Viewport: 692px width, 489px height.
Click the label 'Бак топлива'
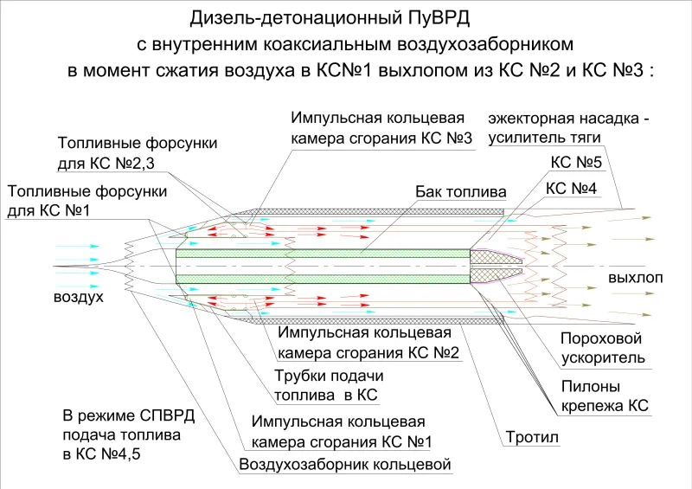pos(460,192)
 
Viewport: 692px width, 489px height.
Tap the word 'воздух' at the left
pos(78,296)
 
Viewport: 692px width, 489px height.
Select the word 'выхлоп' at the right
pos(636,278)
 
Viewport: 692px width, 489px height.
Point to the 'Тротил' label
pos(532,437)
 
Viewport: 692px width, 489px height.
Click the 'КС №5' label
pos(576,163)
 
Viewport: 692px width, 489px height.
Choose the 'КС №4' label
pos(571,189)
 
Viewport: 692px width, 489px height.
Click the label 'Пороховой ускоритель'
pos(602,348)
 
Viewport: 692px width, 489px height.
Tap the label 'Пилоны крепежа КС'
pos(605,396)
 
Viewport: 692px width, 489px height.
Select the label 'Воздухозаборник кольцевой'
pos(344,465)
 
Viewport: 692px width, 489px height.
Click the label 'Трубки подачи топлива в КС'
pos(329,385)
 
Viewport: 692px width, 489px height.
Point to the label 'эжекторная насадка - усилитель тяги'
pos(568,128)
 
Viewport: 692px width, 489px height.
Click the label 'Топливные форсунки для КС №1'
pos(87,201)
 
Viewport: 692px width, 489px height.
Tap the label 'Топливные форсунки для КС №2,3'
pos(138,153)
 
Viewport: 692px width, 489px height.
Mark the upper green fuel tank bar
pos(323,253)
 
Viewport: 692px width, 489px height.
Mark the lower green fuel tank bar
pos(323,279)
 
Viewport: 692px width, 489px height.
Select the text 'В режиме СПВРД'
pos(128,416)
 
